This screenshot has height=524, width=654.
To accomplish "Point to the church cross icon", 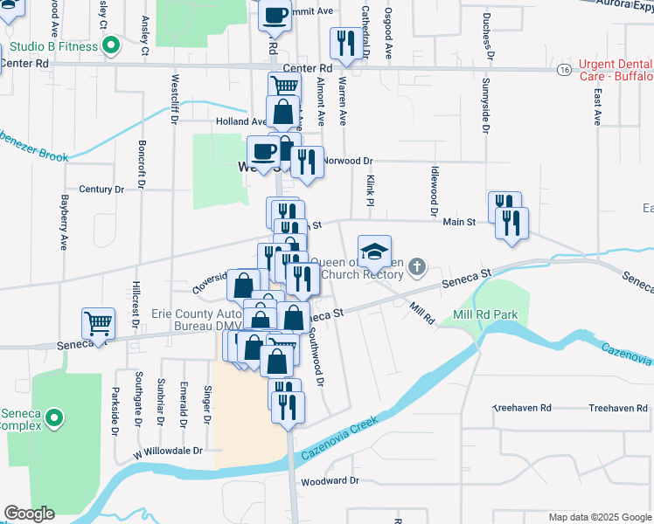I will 419,266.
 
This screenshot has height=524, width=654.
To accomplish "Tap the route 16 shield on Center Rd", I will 565,68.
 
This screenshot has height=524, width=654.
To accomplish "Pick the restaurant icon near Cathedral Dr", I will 344,44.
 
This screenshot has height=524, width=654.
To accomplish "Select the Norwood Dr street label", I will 348,161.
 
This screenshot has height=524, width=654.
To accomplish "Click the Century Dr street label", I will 101,189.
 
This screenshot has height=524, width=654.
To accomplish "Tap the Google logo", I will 29,514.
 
